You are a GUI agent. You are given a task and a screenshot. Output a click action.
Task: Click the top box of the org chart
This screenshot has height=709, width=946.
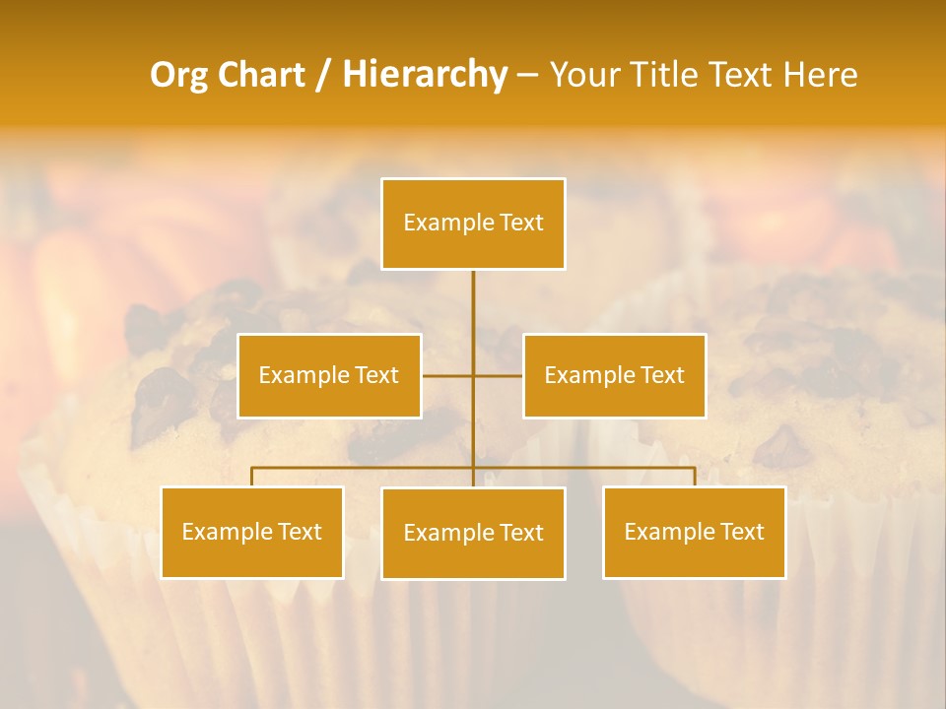(473, 224)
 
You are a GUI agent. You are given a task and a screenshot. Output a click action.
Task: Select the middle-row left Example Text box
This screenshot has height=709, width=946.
(329, 375)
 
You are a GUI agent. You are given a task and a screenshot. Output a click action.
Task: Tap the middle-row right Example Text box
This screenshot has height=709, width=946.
(614, 375)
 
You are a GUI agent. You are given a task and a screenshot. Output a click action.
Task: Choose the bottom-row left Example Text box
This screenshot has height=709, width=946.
(251, 532)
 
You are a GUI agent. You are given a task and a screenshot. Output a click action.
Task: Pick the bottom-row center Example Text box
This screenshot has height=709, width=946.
(473, 533)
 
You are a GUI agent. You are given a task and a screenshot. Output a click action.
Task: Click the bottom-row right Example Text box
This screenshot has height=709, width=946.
(694, 532)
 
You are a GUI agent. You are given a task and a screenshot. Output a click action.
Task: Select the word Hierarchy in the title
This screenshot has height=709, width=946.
(425, 75)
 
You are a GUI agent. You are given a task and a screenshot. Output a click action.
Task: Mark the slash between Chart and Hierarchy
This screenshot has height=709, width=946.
(323, 75)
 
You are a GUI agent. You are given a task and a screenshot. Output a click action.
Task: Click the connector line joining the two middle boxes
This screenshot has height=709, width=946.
(448, 375)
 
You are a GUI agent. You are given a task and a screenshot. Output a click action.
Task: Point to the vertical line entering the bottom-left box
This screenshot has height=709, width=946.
(251, 477)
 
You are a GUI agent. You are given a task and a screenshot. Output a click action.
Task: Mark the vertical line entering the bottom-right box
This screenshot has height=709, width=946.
(694, 477)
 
